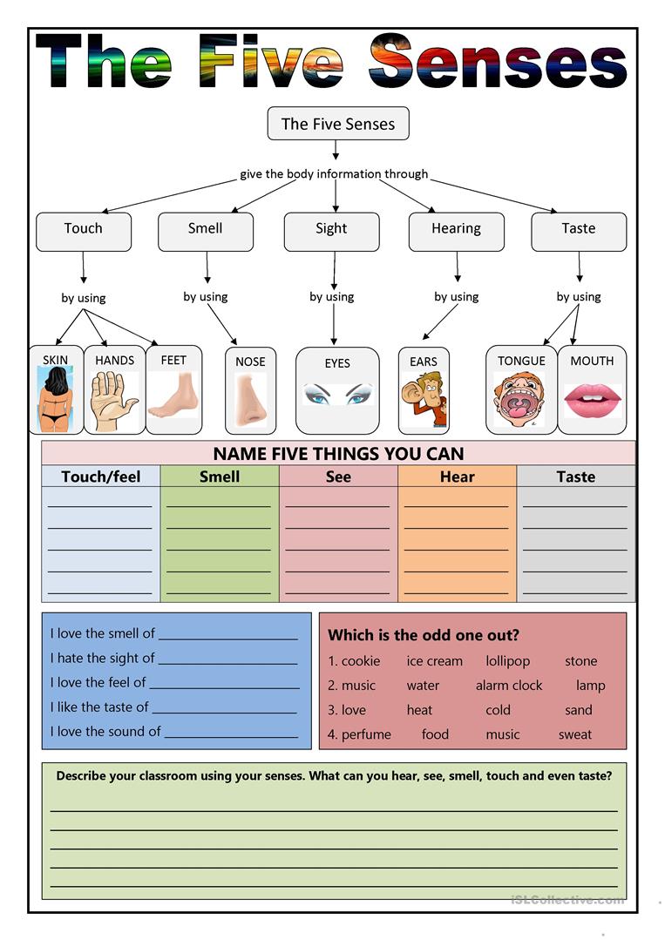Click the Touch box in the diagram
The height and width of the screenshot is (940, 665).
(84, 230)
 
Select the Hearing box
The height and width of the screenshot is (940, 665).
(456, 230)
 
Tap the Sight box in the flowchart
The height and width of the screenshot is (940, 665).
(331, 230)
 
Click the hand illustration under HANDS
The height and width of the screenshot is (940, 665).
(114, 401)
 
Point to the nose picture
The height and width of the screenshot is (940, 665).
(250, 401)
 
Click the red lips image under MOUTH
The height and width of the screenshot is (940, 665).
(592, 401)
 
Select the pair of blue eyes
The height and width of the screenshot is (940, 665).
(337, 395)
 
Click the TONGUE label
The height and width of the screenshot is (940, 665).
(521, 361)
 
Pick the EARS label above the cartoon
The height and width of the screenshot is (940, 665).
(424, 362)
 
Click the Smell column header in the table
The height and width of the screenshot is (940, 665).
(220, 477)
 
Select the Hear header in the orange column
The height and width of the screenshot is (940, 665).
(458, 477)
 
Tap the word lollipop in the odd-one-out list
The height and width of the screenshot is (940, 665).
(508, 661)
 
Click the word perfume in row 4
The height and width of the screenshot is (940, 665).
(366, 734)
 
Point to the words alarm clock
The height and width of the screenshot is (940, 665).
(509, 686)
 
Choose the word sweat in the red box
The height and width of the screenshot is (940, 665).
(575, 734)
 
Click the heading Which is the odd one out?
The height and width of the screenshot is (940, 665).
(424, 635)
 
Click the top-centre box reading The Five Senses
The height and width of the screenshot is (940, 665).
(338, 124)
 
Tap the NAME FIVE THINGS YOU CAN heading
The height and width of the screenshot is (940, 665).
(338, 453)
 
